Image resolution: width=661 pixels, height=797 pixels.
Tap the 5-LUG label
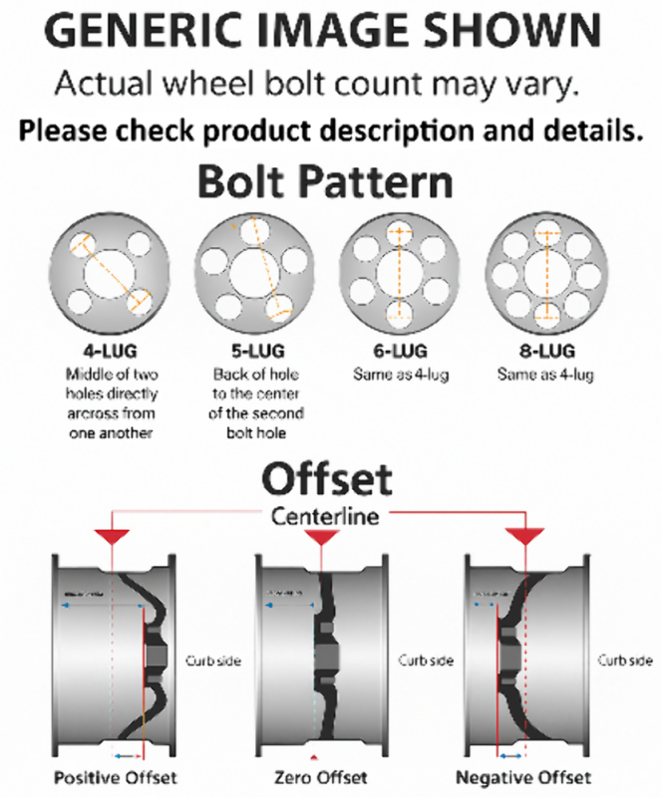pos(250,351)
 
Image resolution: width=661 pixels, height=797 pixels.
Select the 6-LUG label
pos(399,351)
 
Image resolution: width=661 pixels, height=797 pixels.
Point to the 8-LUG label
pos(547,351)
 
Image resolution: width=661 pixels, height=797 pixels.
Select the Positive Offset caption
pos(115,777)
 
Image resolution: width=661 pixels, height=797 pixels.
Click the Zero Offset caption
pos(319,777)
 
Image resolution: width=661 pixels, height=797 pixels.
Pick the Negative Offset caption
pos(522,777)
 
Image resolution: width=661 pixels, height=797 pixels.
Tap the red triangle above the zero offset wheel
pos(319,536)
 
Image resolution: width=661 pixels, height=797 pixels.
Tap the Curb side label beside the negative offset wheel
pos(625,661)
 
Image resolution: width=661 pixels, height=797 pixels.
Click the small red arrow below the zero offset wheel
pos(317,745)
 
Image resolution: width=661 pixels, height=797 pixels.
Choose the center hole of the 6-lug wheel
pos(399,270)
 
